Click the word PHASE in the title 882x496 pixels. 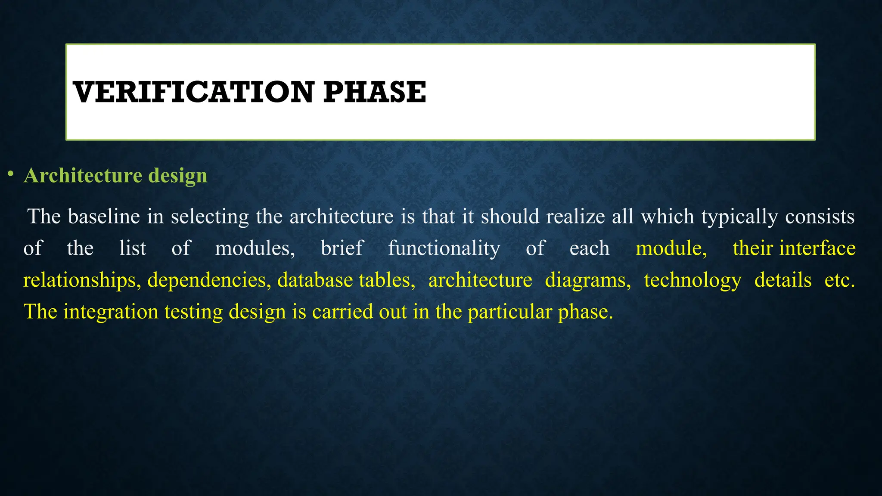(x=374, y=92)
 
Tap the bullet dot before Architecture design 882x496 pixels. (x=10, y=174)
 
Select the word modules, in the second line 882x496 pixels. (x=255, y=248)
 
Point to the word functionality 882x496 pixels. (x=444, y=248)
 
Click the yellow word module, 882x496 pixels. (x=671, y=248)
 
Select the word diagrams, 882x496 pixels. (x=588, y=280)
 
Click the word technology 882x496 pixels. (x=693, y=280)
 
